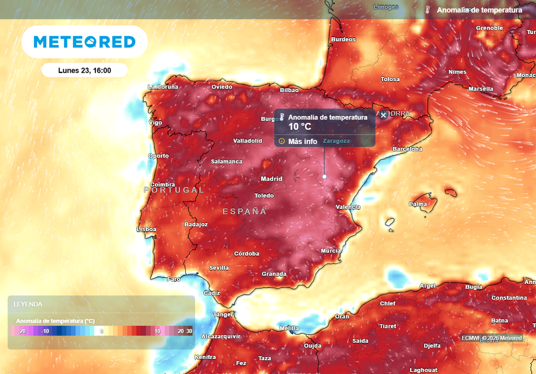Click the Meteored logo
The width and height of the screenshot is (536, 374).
pyautogui.click(x=84, y=42)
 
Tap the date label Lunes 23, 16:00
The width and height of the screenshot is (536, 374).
pyautogui.click(x=84, y=70)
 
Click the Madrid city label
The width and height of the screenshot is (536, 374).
pyautogui.click(x=272, y=179)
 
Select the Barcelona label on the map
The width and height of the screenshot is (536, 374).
pyautogui.click(x=407, y=149)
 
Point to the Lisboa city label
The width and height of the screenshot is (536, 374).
pyautogui.click(x=146, y=229)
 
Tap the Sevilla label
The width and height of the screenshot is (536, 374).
pyautogui.click(x=219, y=268)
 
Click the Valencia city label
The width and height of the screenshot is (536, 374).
pyautogui.click(x=348, y=207)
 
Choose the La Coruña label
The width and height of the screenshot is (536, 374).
pyautogui.click(x=163, y=87)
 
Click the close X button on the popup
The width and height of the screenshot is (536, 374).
pyautogui.click(x=383, y=115)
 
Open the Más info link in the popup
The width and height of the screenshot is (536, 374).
pyautogui.click(x=303, y=141)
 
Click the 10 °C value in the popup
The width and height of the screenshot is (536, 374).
pyautogui.click(x=300, y=127)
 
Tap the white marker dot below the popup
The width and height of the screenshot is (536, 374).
pyautogui.click(x=324, y=177)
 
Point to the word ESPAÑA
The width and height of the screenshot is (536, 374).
pyautogui.click(x=244, y=212)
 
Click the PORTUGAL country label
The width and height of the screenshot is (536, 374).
pyautogui.click(x=174, y=190)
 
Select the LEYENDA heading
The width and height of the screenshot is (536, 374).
pyautogui.click(x=28, y=304)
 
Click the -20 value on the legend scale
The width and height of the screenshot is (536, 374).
pyautogui.click(x=21, y=331)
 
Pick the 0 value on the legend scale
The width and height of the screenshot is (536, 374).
pyautogui.click(x=102, y=331)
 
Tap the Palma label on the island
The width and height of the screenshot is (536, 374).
pyautogui.click(x=418, y=204)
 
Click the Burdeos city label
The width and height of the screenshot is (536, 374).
pyautogui.click(x=343, y=39)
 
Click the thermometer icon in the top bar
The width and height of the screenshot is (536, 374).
pyautogui.click(x=428, y=10)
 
